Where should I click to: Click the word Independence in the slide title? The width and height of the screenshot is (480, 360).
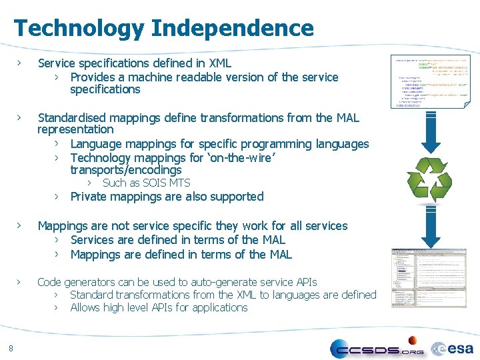pyautogui.click(x=232, y=28)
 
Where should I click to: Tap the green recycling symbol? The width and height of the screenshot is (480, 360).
pyautogui.click(x=429, y=178)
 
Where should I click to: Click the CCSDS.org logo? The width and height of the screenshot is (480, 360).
pyautogui.click(x=377, y=348)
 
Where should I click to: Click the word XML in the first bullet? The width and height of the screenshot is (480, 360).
pyautogui.click(x=220, y=63)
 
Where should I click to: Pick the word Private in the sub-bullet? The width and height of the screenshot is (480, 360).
pyautogui.click(x=90, y=197)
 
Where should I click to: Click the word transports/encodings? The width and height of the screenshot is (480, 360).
pyautogui.click(x=126, y=170)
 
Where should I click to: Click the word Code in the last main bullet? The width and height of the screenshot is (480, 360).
pyautogui.click(x=50, y=282)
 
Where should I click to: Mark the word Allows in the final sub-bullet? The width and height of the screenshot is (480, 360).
pyautogui.click(x=86, y=307)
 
